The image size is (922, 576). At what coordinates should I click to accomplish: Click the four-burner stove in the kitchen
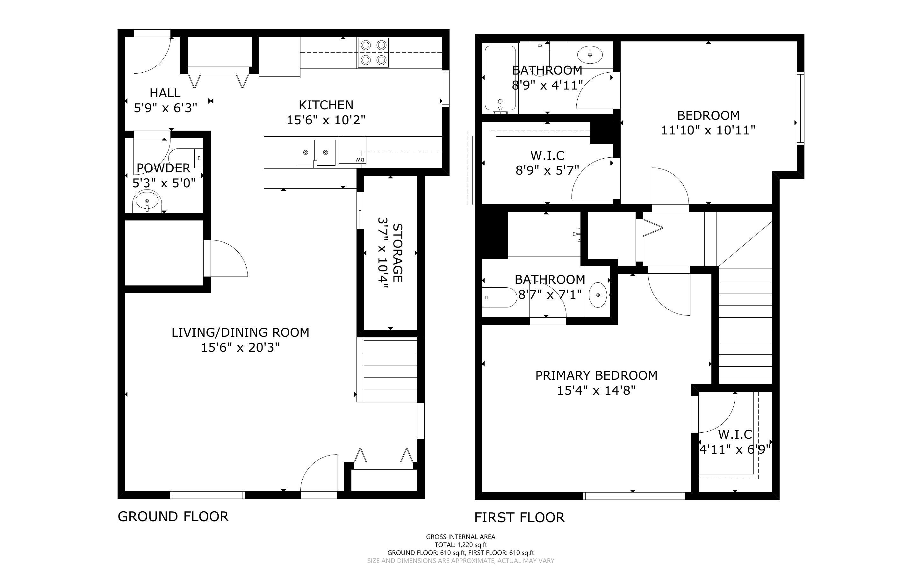(x=373, y=53)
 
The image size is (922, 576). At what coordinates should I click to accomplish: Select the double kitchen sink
(x=315, y=152)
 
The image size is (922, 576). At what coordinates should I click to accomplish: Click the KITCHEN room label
(x=326, y=105)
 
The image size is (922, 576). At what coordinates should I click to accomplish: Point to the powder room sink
(x=147, y=201)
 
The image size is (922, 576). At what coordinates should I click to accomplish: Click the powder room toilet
(x=186, y=157)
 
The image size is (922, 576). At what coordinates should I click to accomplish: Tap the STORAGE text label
(x=397, y=253)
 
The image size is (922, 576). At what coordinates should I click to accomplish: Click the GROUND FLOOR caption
(x=173, y=516)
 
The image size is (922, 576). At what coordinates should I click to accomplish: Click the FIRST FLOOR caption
(x=519, y=517)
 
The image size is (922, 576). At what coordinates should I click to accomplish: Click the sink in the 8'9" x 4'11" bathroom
(x=590, y=55)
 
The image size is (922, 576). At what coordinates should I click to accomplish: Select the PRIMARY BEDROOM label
(x=596, y=375)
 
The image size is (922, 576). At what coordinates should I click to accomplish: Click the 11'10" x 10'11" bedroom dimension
(x=708, y=130)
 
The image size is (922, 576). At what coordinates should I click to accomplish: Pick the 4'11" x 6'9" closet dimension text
(x=735, y=449)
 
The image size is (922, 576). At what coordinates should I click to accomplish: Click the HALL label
(x=165, y=93)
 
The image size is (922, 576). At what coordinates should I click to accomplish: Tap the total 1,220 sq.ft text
(x=461, y=545)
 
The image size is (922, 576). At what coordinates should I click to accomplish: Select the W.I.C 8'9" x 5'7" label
(x=547, y=163)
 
